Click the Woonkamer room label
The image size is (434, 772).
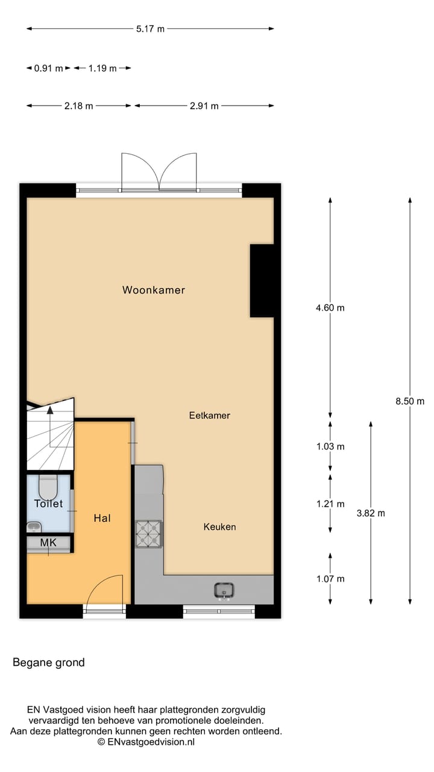click(154, 290)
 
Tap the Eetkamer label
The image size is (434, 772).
click(209, 416)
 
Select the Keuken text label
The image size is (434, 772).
click(219, 527)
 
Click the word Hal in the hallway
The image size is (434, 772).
click(102, 517)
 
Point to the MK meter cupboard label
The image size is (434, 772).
click(48, 543)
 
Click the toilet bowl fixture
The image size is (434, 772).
click(48, 485)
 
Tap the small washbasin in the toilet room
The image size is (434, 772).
click(33, 527)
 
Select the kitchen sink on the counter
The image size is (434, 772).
click(224, 590)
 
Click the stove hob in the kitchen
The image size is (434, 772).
click(149, 533)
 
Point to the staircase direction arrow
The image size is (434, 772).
click(50, 410)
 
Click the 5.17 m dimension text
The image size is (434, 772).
click(150, 29)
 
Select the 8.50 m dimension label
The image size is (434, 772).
click(410, 401)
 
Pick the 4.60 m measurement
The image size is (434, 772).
click(330, 308)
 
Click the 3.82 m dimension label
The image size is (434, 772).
click(370, 513)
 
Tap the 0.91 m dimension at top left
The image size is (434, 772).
click(48, 68)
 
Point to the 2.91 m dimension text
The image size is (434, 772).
click(204, 106)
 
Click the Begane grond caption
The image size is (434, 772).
click(49, 663)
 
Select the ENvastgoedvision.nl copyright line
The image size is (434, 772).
click(146, 742)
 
